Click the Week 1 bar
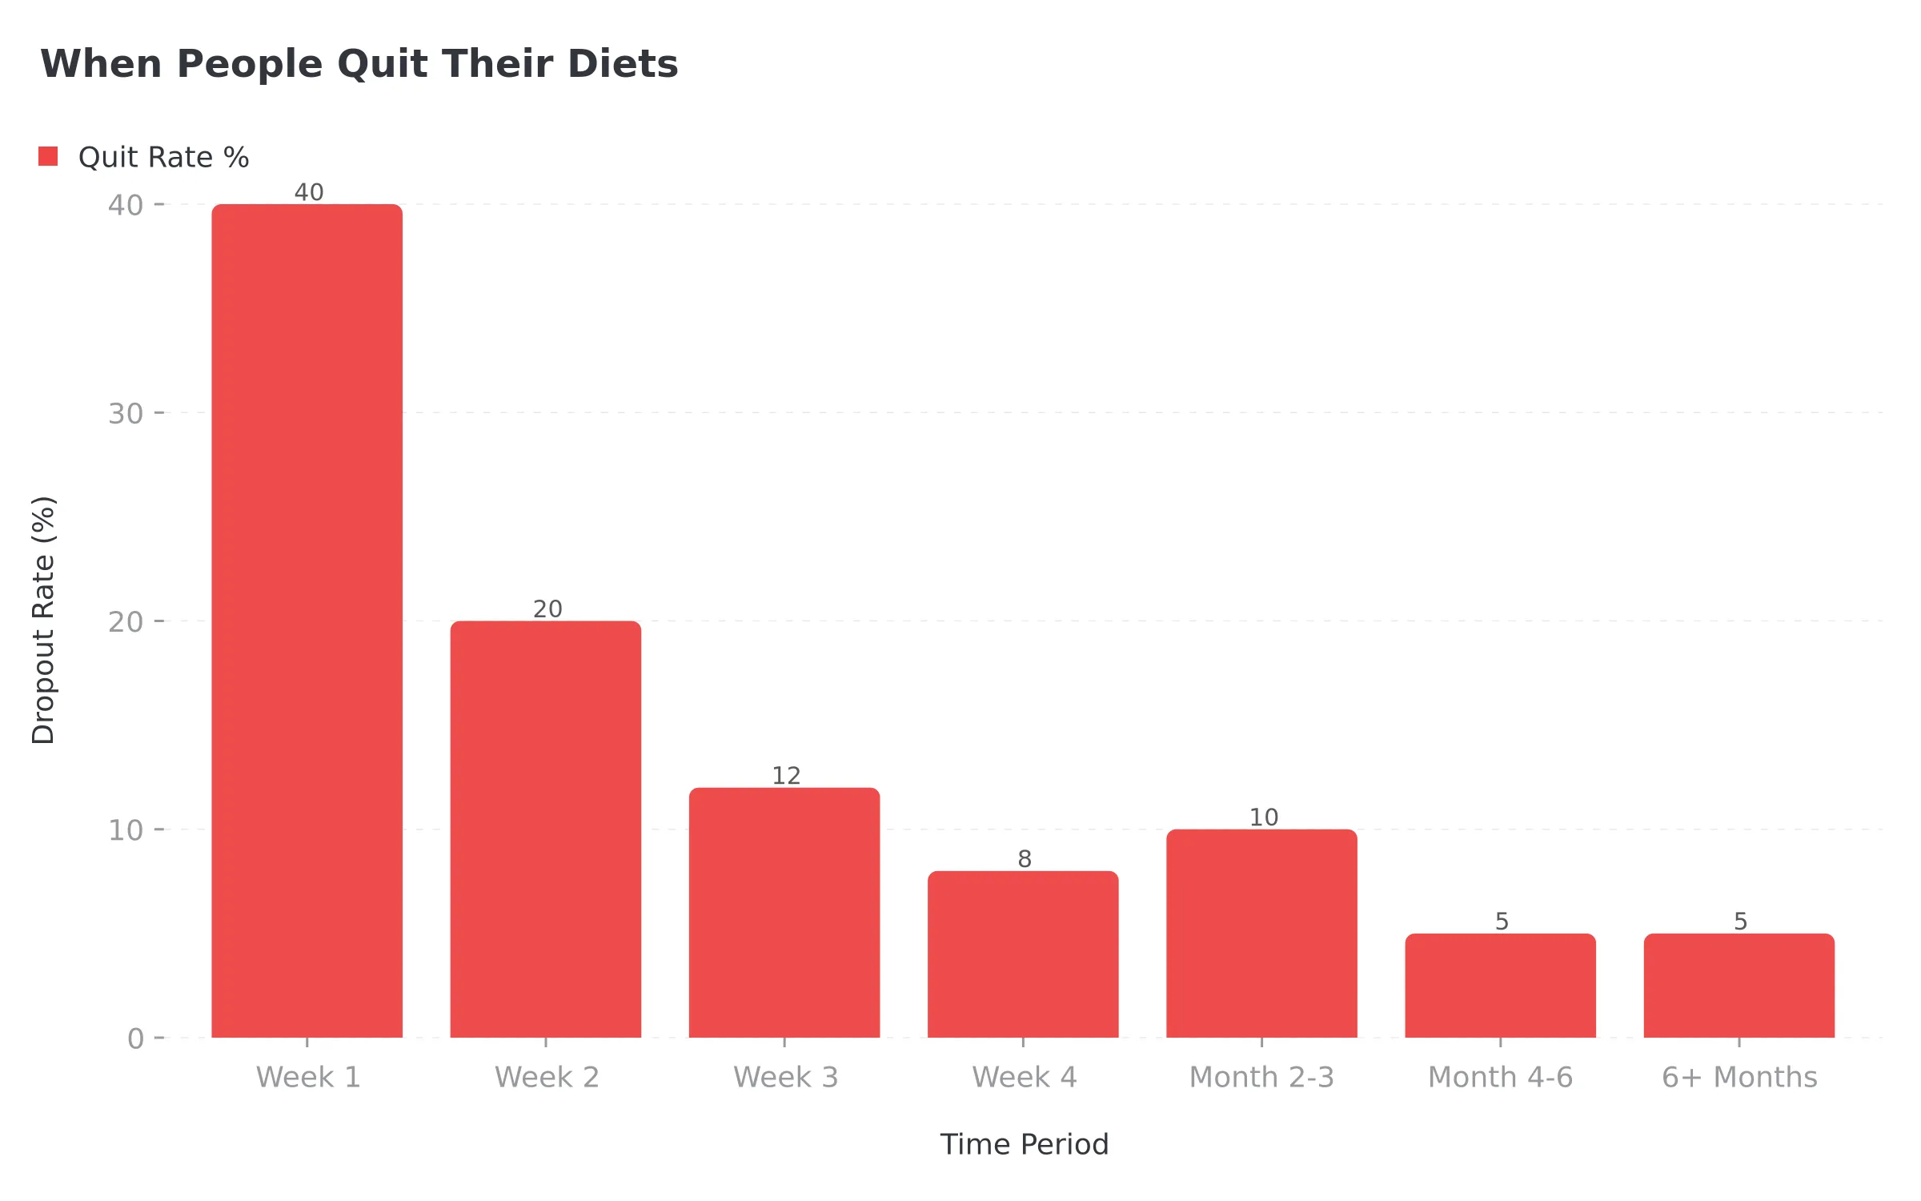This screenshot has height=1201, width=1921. point(307,621)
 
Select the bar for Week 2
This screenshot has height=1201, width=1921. point(545,829)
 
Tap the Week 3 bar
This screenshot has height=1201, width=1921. point(784,913)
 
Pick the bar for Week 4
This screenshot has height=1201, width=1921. point(1023,954)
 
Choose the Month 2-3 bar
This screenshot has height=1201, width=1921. point(1261,934)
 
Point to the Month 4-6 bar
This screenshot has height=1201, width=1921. point(1500,986)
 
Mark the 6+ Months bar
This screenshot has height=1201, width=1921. point(1739,986)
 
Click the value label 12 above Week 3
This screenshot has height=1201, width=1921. point(786,775)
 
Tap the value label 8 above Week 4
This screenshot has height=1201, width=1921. point(1025,858)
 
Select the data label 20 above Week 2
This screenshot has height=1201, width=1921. point(547,609)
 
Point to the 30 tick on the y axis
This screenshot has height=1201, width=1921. point(126,414)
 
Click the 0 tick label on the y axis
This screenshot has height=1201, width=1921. point(135,1038)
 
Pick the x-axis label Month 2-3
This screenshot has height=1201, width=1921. point(1261,1077)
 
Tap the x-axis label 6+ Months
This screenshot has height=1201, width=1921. point(1739,1077)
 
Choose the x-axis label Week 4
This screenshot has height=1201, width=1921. point(1024,1077)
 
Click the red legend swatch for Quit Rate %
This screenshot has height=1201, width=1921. point(48,156)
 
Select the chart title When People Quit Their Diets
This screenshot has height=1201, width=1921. point(359,64)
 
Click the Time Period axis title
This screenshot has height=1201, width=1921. point(1024,1144)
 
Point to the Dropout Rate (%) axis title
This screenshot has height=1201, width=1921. point(43,621)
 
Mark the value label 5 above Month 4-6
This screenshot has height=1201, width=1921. point(1502,921)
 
